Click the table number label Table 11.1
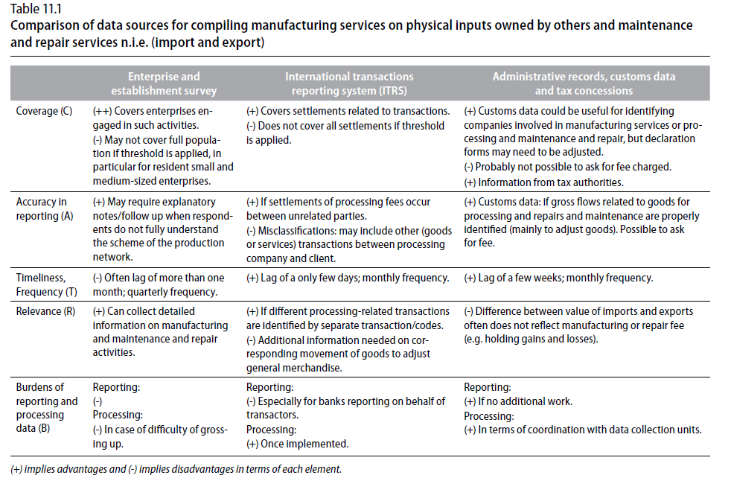coord(36,9)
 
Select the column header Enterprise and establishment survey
coord(164,83)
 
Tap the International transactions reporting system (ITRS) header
coord(349,83)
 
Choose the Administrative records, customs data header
coord(584,83)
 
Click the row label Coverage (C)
coord(44,111)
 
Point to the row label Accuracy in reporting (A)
coord(45,209)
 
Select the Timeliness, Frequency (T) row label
coord(47,284)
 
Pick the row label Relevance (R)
coord(45,311)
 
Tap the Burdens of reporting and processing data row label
coord(47,407)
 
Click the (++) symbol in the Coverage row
coord(102,111)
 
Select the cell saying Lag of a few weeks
coord(558,278)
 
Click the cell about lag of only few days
coord(348,278)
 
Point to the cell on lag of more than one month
coord(159,284)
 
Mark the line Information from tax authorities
coord(543,182)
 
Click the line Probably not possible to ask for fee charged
coord(567,167)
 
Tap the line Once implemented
coord(298,444)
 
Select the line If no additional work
coord(518,401)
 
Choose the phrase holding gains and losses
coord(540,339)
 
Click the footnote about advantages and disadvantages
coord(176,469)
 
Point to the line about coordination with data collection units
coord(583,430)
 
